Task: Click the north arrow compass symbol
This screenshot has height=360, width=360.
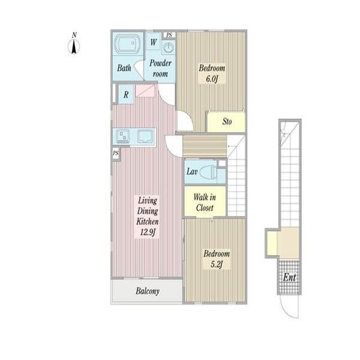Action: pos(74,44)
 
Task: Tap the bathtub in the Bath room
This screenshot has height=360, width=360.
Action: pos(127,44)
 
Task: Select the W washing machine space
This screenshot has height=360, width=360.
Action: pos(154,42)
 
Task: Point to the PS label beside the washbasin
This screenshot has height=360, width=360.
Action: pos(169,35)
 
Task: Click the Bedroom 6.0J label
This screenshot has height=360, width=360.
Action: pos(212,73)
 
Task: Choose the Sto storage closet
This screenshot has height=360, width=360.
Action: pos(226,121)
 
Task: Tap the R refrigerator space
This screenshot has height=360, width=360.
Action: pos(126,94)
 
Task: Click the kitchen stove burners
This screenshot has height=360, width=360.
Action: pos(122,136)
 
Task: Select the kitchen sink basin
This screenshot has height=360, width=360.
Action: pos(145,136)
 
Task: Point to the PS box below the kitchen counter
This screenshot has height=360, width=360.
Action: pos(116,153)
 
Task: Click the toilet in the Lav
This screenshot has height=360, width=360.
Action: pos(208,172)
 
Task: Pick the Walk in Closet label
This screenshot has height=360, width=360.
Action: pos(205,202)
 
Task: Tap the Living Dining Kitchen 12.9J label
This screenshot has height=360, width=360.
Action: pos(148,216)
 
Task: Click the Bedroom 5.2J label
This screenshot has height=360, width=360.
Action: pos(217,259)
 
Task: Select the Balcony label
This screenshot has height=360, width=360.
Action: pos(148,291)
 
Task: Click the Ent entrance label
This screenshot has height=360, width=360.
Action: pos(289,277)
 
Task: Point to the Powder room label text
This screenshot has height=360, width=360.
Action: pos(160,68)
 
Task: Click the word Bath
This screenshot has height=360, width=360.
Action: pos(124,68)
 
